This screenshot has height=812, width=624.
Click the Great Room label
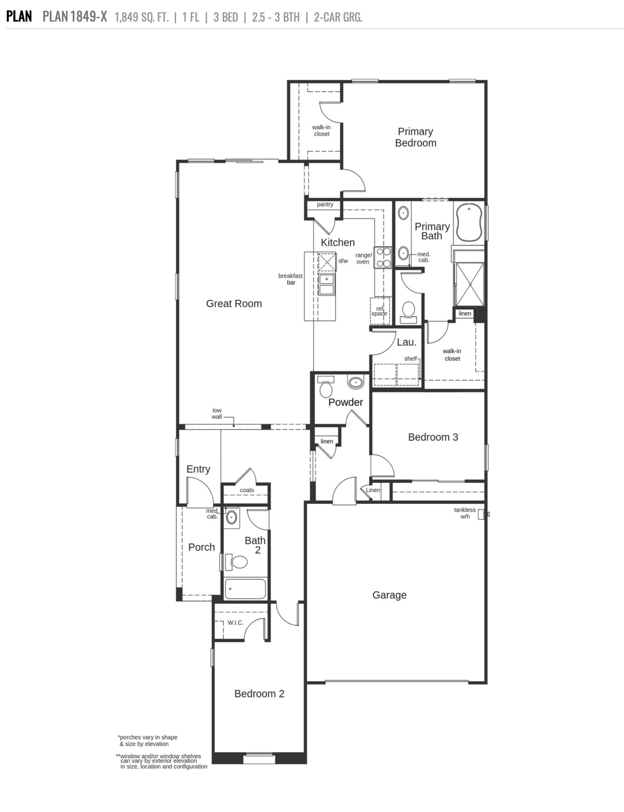pyautogui.click(x=234, y=304)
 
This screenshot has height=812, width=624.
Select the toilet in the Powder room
pyautogui.click(x=326, y=389)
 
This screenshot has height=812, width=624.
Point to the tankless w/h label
pyautogui.click(x=464, y=513)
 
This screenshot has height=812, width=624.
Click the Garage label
pyautogui.click(x=389, y=595)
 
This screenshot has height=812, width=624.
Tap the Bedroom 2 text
pyautogui.click(x=259, y=694)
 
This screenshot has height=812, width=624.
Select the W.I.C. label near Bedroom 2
pyautogui.click(x=236, y=623)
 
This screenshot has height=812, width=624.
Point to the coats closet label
pyautogui.click(x=247, y=490)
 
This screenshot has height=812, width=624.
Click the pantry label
pyautogui.click(x=325, y=204)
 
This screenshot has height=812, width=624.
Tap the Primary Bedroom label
pyautogui.click(x=415, y=137)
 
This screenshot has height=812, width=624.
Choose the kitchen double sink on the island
pyautogui.click(x=327, y=284)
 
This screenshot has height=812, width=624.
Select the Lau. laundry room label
pyautogui.click(x=406, y=342)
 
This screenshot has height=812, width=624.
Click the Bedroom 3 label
pyautogui.click(x=433, y=437)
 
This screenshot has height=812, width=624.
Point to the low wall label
pyautogui.click(x=217, y=413)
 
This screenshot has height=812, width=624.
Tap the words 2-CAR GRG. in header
pyautogui.click(x=338, y=17)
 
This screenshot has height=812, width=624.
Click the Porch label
pyautogui.click(x=201, y=547)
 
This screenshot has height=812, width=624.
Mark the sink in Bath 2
pyautogui.click(x=231, y=518)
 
